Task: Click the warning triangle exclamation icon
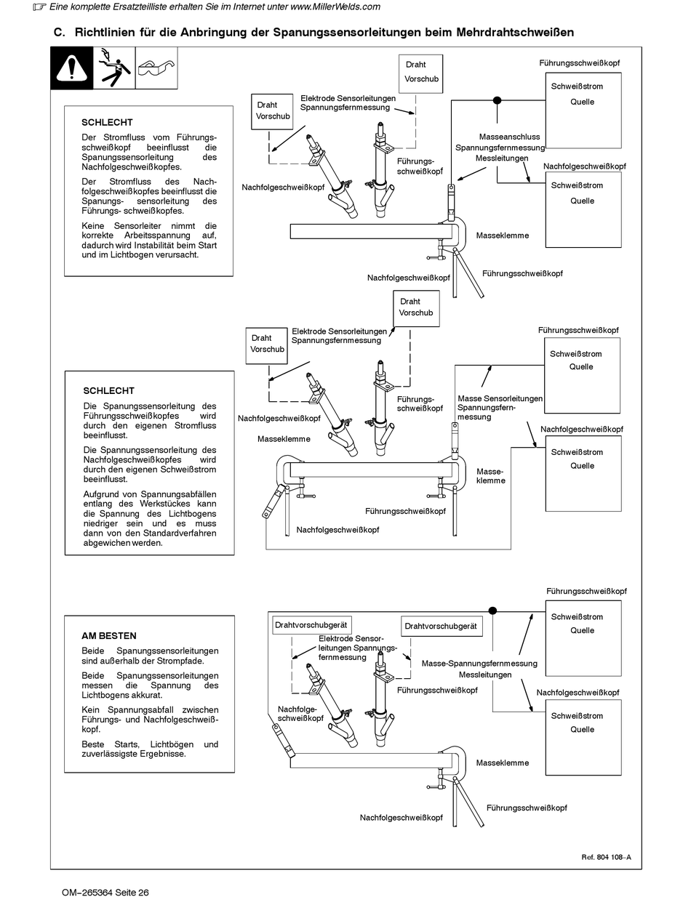coord(71,68)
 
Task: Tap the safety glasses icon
coord(156,68)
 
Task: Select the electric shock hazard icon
coord(113,68)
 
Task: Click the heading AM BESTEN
coord(109,635)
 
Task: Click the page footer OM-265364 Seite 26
coord(105,893)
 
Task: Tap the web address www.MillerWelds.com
coord(335,7)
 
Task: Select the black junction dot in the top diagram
coord(497,100)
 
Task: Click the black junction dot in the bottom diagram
coord(492,611)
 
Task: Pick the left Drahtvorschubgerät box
coord(311,625)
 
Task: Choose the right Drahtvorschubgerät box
coord(441,626)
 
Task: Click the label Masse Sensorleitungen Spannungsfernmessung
coord(500,407)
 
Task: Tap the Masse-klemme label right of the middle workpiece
coord(490,476)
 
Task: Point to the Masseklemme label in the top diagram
coord(503,235)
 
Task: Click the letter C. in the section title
coord(60,33)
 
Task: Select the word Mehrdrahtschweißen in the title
coord(515,33)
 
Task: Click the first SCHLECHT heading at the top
coord(107,122)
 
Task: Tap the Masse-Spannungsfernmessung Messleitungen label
coord(479,669)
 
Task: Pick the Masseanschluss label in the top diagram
coord(510,137)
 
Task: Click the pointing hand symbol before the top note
coord(39,7)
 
